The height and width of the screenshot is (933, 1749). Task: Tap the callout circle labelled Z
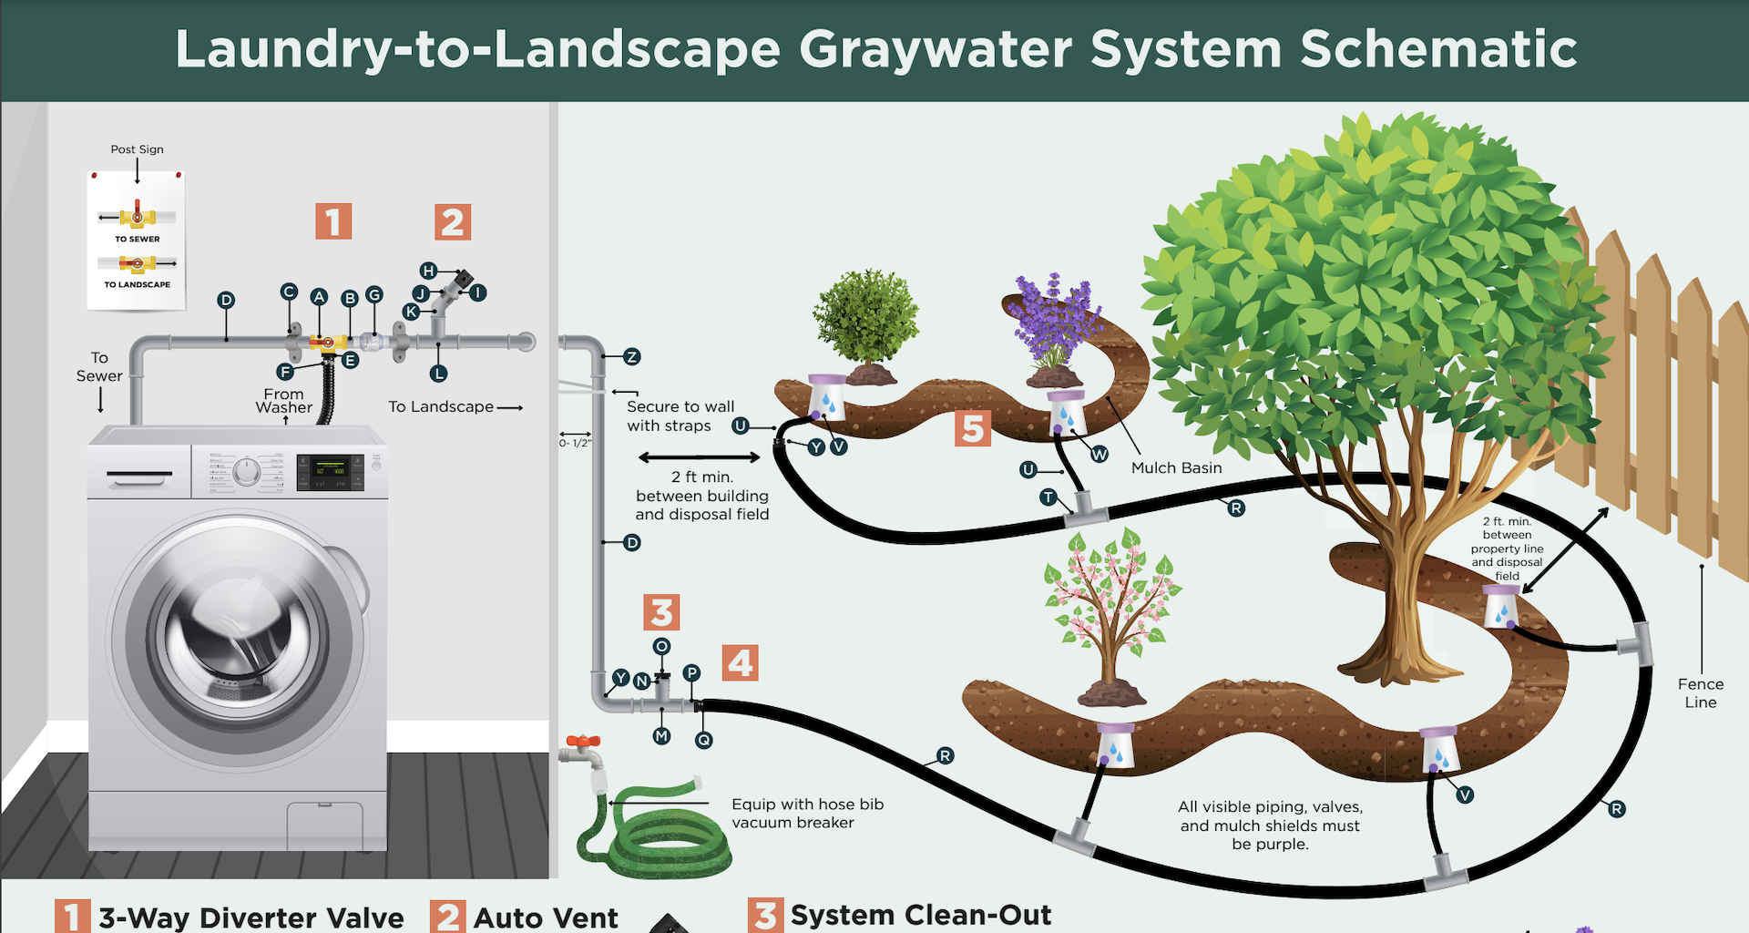(632, 357)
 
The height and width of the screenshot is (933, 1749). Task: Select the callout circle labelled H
(428, 271)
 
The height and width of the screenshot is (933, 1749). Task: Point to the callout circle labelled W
(1100, 454)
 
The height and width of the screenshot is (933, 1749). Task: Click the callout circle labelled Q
(703, 741)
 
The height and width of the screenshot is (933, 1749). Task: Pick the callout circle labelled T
(1048, 497)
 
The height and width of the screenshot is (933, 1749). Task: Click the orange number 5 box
(973, 427)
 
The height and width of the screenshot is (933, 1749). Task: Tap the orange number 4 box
(740, 662)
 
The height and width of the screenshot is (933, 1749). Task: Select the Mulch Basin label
(1176, 468)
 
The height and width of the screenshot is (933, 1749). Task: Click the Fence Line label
(1700, 693)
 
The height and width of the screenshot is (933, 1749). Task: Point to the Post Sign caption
(138, 149)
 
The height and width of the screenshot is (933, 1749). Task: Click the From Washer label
(284, 401)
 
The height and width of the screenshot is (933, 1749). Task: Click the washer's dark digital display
(330, 472)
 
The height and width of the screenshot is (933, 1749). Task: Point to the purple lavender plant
(1055, 319)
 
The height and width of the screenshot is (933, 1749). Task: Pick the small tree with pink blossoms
(1112, 610)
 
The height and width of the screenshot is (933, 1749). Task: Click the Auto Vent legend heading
(545, 918)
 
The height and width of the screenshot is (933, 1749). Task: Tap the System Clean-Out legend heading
(920, 915)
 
